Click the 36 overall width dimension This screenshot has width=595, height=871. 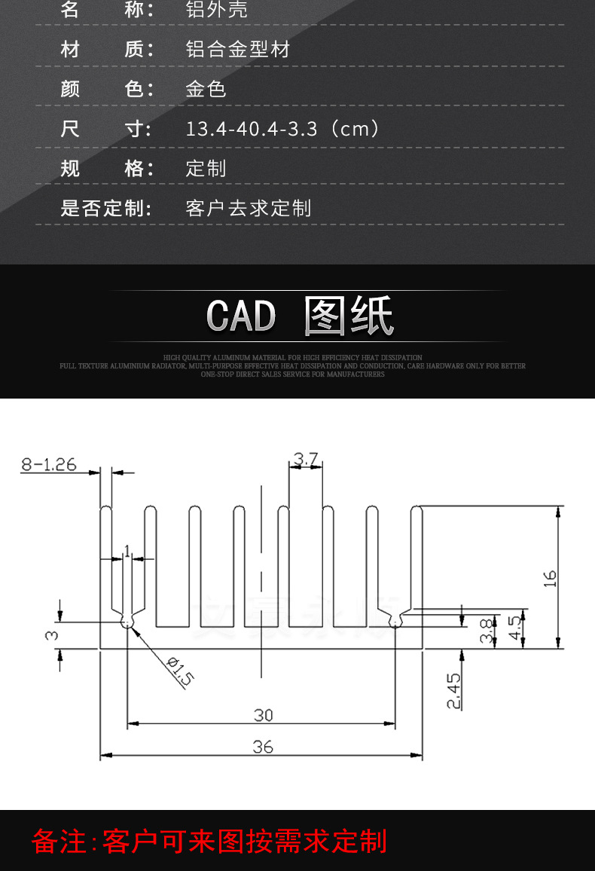tap(263, 747)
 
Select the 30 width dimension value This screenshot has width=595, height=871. tap(263, 714)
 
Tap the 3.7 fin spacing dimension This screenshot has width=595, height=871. tap(305, 458)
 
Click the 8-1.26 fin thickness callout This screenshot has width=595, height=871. tap(49, 464)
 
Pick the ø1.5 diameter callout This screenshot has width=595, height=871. tap(180, 671)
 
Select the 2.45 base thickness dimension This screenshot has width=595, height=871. tap(453, 691)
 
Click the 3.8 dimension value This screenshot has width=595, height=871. tap(487, 629)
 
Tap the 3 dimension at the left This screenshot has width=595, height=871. tap(50, 635)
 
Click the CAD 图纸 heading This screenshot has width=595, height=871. tap(300, 316)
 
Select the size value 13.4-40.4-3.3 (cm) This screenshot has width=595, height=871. tap(282, 129)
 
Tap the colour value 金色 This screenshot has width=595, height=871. tap(206, 89)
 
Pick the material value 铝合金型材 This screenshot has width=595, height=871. tap(237, 50)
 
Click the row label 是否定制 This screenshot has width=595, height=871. tap(106, 208)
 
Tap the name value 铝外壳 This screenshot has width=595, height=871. tap(216, 10)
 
